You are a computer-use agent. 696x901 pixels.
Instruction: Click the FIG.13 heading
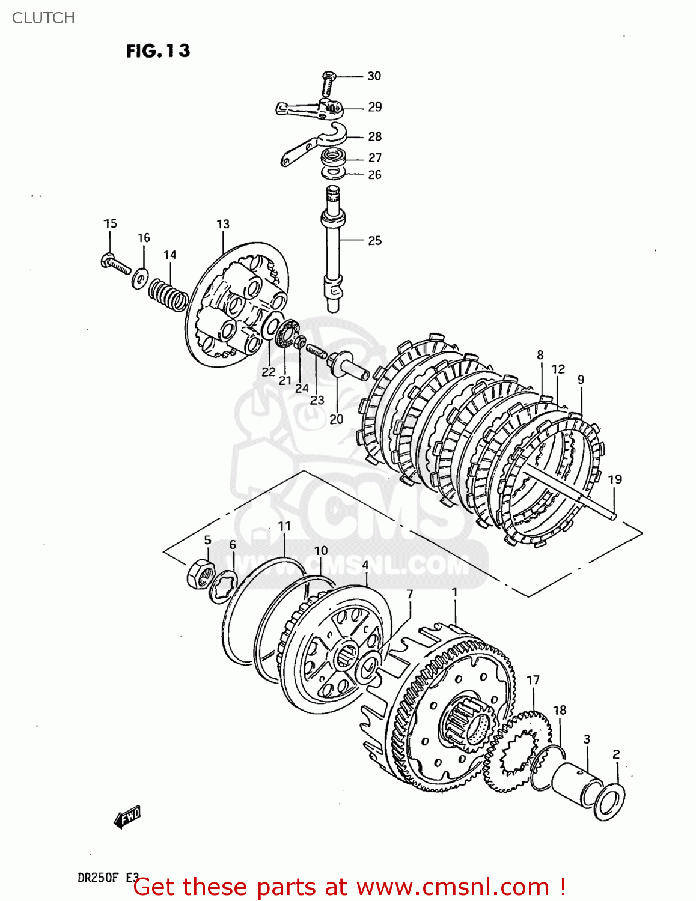point(158,51)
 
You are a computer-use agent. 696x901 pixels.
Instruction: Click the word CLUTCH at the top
point(43,18)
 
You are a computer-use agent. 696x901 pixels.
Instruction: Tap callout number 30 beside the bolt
point(374,76)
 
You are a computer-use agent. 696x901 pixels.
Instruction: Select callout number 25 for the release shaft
point(374,241)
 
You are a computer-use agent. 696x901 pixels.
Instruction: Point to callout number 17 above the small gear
point(533,680)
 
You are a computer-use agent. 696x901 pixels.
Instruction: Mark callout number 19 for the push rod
point(614,479)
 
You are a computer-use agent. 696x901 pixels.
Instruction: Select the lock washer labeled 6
point(222,586)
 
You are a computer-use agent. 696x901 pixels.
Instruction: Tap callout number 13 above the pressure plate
point(223,224)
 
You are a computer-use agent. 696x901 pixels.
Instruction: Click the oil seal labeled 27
point(334,159)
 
